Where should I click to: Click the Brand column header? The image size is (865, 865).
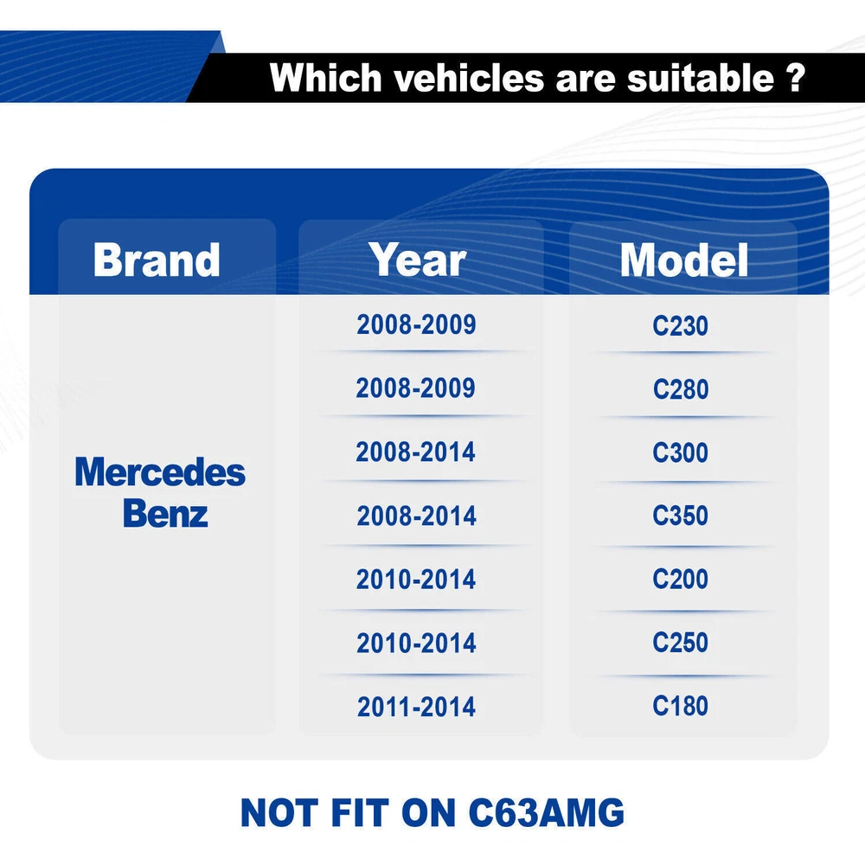[157, 259]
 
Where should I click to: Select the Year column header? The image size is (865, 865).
[418, 259]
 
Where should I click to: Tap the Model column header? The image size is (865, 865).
[684, 259]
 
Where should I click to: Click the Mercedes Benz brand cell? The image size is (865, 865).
[160, 493]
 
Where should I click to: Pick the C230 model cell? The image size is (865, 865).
[680, 325]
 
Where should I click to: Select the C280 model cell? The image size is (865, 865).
[681, 389]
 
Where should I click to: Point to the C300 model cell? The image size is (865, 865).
[680, 453]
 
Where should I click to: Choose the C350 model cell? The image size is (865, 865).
[680, 516]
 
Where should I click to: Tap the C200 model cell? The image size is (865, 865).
[680, 580]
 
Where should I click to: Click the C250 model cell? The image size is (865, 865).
[680, 643]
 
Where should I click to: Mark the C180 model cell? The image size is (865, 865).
[680, 706]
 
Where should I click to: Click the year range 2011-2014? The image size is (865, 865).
[417, 708]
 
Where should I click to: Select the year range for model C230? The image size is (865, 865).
[417, 324]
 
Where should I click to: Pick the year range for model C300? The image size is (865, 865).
[415, 452]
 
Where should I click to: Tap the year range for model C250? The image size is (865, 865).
[417, 644]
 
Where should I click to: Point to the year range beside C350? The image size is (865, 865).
[417, 516]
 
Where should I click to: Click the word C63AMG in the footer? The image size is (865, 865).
[546, 812]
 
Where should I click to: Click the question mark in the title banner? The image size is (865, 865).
[795, 78]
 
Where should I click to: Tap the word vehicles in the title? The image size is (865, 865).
[469, 78]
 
